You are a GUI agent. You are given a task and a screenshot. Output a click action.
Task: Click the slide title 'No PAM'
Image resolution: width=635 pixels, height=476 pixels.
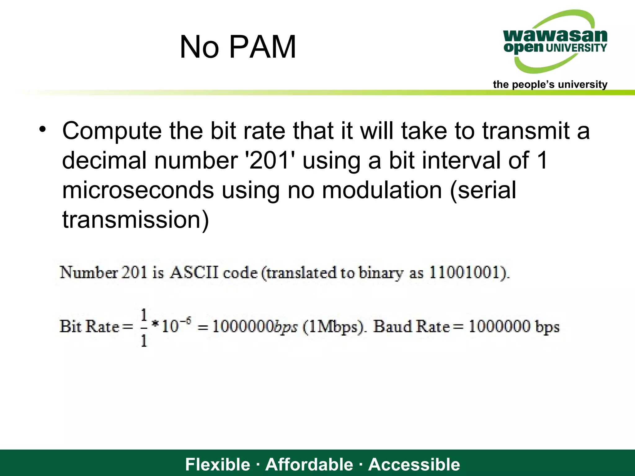point(238,47)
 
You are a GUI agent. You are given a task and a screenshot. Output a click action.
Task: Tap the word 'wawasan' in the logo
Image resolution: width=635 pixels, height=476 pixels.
point(555,36)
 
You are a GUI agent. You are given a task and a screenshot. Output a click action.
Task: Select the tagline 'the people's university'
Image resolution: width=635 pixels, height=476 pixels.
point(550,84)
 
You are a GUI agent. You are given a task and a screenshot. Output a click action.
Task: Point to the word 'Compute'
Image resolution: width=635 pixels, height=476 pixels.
point(112,131)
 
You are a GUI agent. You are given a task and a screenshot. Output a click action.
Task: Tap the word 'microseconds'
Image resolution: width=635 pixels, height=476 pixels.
point(138,190)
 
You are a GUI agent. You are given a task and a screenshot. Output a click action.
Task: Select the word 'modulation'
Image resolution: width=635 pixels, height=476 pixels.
point(382,190)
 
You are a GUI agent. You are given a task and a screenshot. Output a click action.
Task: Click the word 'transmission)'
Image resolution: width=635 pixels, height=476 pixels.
point(136,219)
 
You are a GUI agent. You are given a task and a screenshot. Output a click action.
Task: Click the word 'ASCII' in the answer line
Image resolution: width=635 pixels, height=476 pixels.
point(194,273)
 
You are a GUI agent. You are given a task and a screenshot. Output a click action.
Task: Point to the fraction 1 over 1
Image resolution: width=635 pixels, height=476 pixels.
point(144,328)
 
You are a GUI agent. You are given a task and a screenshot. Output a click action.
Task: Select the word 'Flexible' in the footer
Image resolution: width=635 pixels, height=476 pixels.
point(217,464)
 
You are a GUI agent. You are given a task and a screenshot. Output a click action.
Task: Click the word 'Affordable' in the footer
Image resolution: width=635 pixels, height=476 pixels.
point(309,464)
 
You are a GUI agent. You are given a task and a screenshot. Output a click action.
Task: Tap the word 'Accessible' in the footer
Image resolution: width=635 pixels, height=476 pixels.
point(414,464)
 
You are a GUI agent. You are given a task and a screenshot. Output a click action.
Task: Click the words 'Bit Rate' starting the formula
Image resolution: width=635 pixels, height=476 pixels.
point(89,326)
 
